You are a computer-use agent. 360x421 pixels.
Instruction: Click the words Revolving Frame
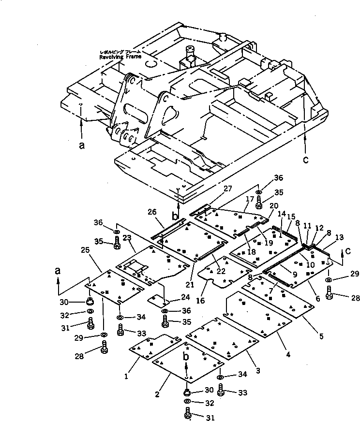120,57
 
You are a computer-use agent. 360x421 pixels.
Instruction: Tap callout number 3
258,370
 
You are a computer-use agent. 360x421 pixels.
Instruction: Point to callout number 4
288,355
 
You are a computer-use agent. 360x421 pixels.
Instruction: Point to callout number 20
273,205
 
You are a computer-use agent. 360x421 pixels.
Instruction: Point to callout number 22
221,272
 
